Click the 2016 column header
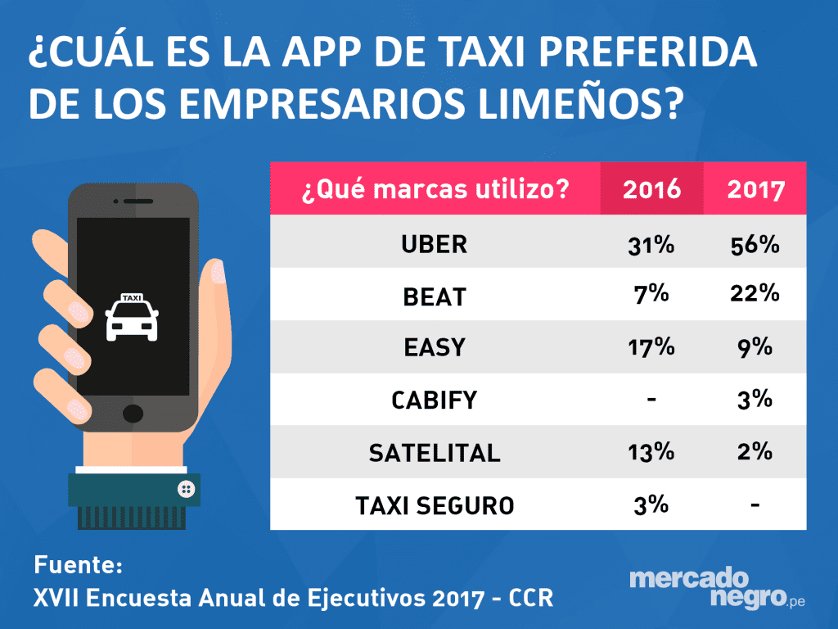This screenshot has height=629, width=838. coord(651,189)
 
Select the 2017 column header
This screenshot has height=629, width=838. coord(755,189)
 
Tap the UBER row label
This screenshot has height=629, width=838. coord(435,244)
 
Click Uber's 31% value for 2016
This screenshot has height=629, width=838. coord(651,244)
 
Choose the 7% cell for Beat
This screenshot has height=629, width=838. coord(651,295)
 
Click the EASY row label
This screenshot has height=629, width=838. coord(435,347)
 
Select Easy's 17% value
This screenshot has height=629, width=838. coord(651,347)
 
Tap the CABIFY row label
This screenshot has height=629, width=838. coord(435,400)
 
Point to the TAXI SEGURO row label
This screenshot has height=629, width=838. coord(435,505)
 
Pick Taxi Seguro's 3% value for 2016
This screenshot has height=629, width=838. coord(651,505)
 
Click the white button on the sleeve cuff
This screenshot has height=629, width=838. coord(186,489)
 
